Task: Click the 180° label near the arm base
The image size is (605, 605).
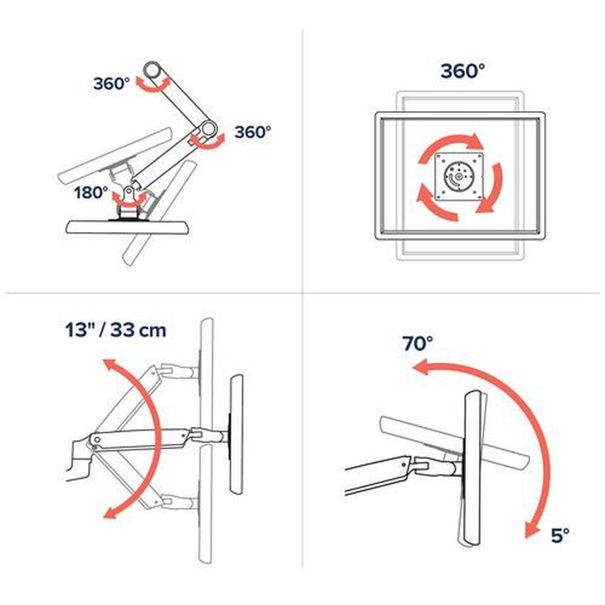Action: tap(91, 193)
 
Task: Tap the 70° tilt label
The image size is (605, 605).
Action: tap(419, 343)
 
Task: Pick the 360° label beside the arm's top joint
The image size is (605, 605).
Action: tap(111, 84)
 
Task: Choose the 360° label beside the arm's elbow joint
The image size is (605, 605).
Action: tap(253, 132)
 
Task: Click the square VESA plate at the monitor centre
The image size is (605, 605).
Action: tap(460, 176)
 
